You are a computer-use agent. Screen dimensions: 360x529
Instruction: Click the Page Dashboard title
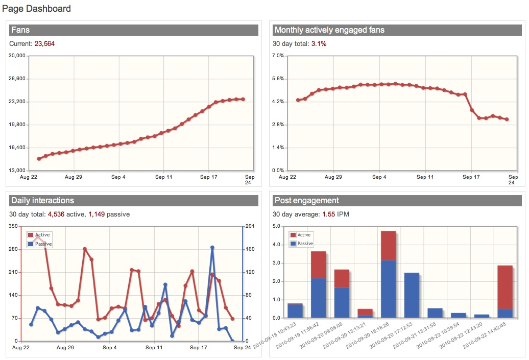click(37, 9)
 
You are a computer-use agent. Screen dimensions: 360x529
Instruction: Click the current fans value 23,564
click(44, 44)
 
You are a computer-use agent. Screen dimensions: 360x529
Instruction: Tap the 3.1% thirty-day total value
click(319, 44)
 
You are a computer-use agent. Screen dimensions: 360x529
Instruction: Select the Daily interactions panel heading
click(42, 200)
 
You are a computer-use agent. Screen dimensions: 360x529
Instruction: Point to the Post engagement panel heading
click(306, 200)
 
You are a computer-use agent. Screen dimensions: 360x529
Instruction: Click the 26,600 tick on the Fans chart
click(18, 79)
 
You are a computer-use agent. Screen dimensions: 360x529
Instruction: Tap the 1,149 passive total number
click(97, 214)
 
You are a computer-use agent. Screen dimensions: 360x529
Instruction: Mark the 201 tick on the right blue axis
click(250, 226)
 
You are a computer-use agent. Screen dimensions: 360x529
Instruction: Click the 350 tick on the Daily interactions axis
click(13, 226)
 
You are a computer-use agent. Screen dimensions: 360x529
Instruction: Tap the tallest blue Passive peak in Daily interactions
click(212, 247)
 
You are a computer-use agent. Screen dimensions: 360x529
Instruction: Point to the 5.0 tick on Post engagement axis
click(277, 226)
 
